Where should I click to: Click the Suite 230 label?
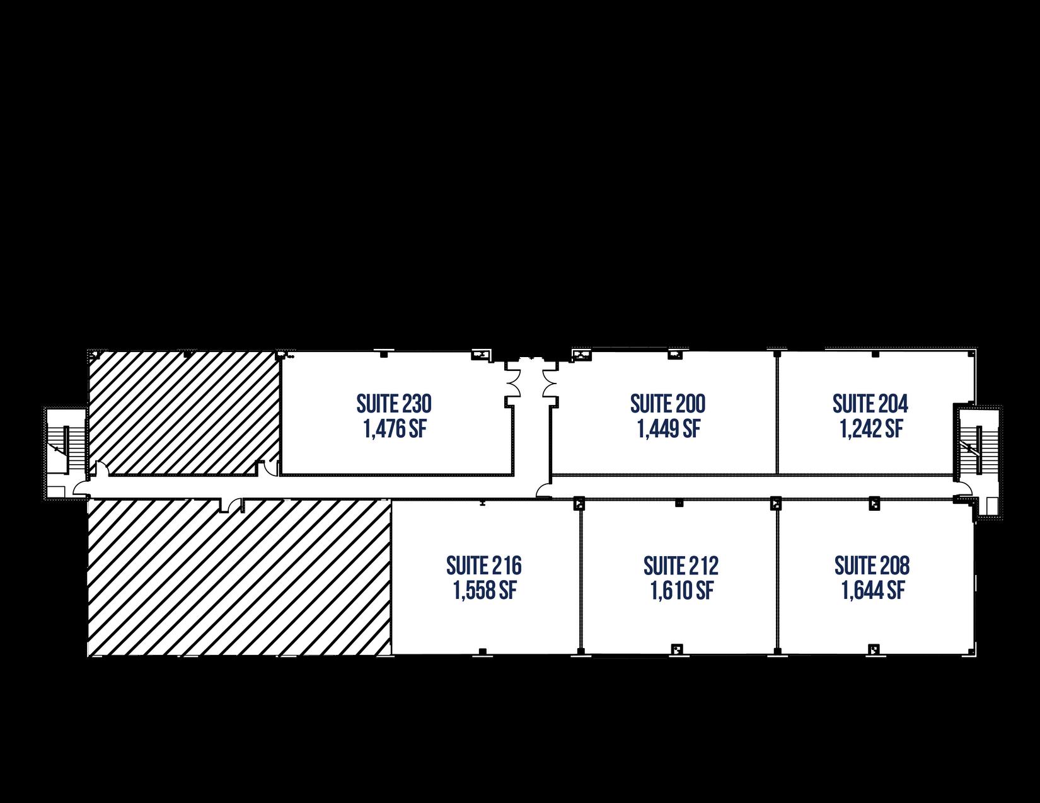click(394, 403)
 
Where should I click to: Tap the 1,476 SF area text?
click(394, 429)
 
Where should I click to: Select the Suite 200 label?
click(667, 403)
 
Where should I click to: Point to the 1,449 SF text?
click(668, 429)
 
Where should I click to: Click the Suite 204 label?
click(870, 403)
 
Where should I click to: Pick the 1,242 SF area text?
click(871, 429)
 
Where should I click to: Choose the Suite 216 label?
click(484, 566)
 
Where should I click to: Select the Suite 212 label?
click(681, 566)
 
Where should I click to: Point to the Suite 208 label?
click(872, 566)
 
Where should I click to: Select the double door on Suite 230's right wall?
click(514, 379)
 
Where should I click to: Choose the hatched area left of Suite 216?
click(240, 579)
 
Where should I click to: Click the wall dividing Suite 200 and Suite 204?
click(777, 413)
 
